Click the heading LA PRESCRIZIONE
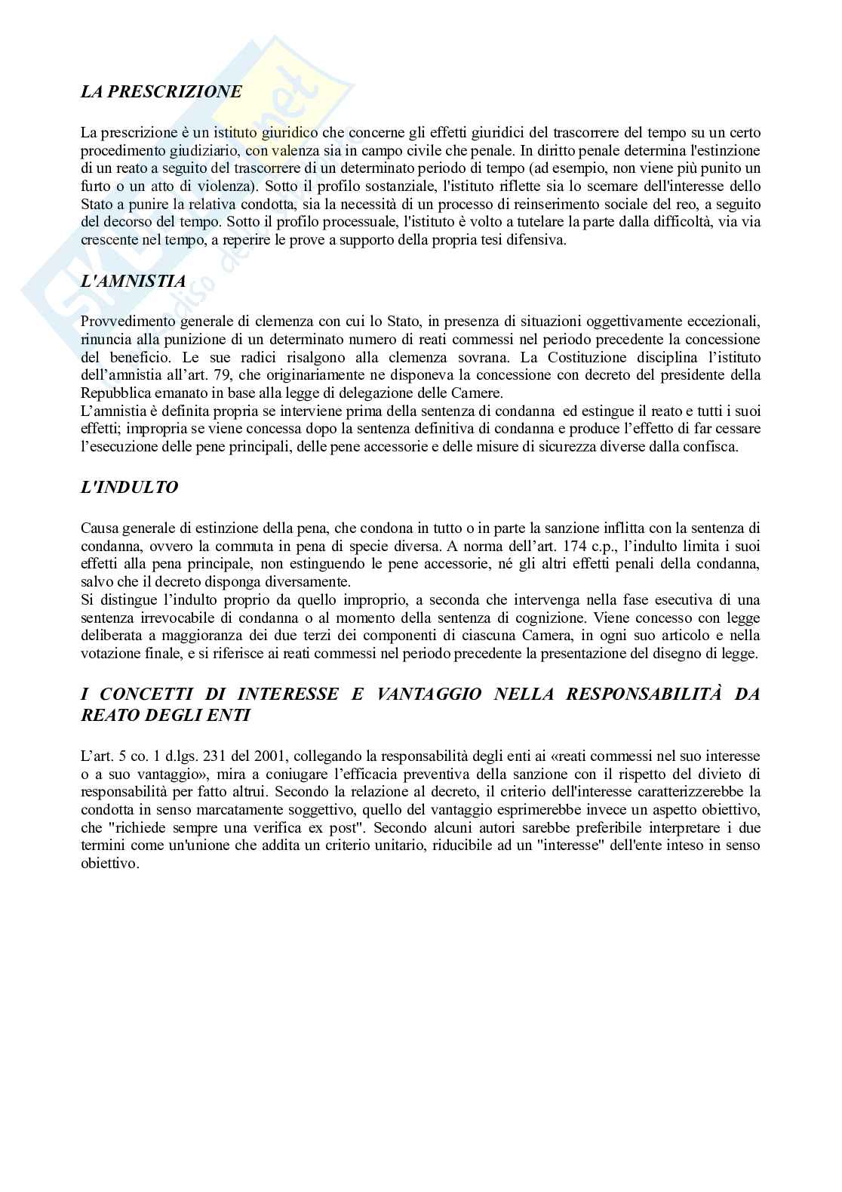(161, 92)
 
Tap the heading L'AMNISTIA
(133, 282)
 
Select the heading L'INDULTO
(129, 488)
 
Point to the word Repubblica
(114, 393)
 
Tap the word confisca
(713, 447)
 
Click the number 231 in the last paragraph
(198, 756)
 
